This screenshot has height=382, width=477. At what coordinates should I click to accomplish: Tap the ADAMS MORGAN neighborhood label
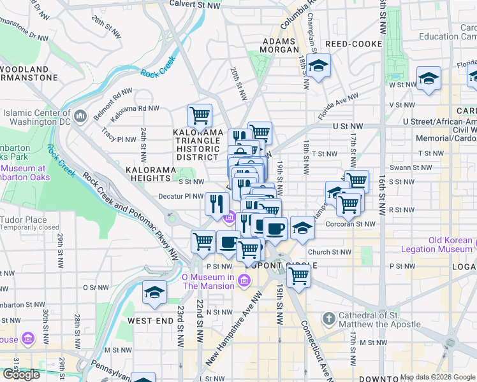click(x=279, y=45)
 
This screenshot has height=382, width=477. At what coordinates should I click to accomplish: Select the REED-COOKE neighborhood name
click(x=353, y=44)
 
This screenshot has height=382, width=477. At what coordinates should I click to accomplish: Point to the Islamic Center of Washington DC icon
click(x=81, y=116)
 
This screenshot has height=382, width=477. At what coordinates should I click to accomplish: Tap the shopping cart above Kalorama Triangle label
click(x=200, y=116)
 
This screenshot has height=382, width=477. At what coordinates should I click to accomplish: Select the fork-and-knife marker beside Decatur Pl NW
click(x=217, y=204)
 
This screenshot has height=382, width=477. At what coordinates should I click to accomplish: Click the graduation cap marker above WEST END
click(x=154, y=292)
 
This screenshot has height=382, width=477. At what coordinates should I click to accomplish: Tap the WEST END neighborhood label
click(x=150, y=321)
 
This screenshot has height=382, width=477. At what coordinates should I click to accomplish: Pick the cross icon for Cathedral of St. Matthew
click(x=328, y=318)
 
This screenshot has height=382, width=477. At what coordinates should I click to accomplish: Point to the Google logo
click(x=21, y=374)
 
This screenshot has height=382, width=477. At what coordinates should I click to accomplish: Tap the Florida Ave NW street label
click(x=338, y=106)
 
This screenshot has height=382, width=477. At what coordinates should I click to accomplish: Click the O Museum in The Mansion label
click(x=208, y=281)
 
